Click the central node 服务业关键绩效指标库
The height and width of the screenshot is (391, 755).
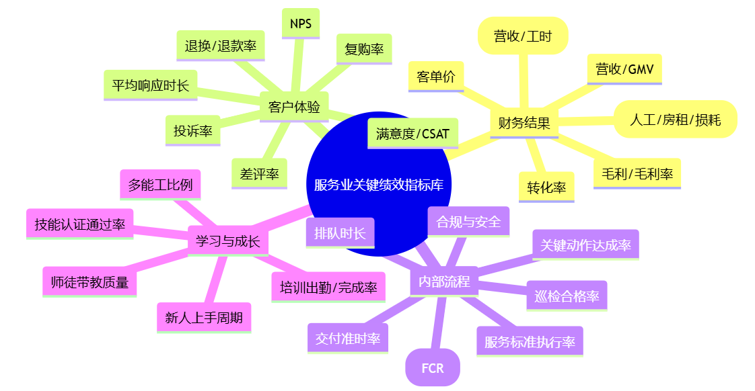click(379, 185)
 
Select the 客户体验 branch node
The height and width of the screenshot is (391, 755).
click(294, 107)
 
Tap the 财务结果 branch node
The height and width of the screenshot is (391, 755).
click(524, 123)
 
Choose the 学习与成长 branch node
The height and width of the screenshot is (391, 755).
click(227, 241)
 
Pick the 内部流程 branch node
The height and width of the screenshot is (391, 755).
click(444, 281)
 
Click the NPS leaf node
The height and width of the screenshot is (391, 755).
click(301, 24)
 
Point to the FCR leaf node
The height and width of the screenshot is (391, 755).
click(433, 368)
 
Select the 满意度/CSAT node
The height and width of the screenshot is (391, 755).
click(413, 133)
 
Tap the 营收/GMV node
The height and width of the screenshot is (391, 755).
click(624, 69)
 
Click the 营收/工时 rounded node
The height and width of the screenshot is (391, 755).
click(523, 36)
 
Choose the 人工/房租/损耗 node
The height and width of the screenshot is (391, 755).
click(675, 120)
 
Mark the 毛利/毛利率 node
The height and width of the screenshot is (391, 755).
click(637, 173)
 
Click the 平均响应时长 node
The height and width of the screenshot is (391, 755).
click(151, 85)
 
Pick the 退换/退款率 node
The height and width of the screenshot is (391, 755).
click(221, 46)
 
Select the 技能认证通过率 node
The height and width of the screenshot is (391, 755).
click(80, 224)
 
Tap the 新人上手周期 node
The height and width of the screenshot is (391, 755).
click(204, 317)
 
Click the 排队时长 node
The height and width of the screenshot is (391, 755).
click(340, 233)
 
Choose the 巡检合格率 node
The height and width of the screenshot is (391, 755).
click(567, 296)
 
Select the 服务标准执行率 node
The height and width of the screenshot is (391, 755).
click(530, 341)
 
